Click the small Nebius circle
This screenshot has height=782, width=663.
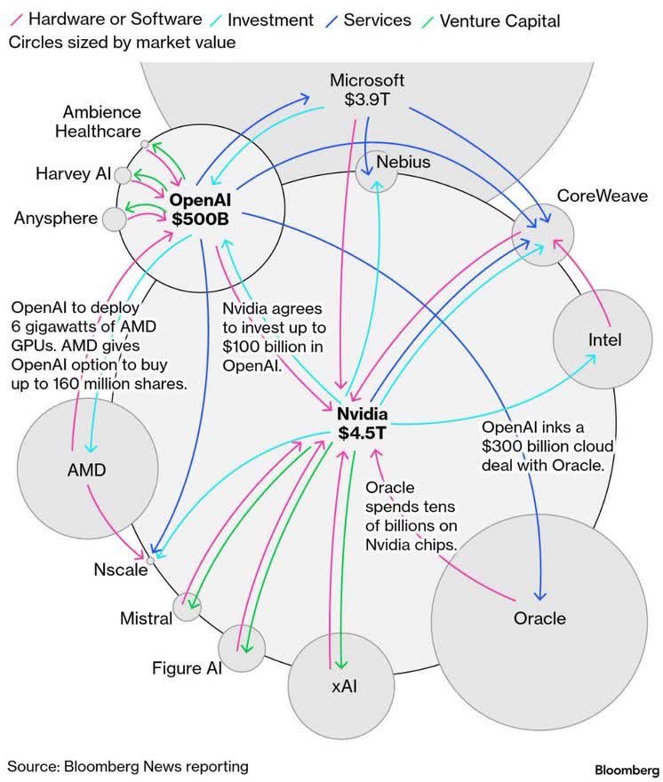(376, 171)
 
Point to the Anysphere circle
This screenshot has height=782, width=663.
(114, 219)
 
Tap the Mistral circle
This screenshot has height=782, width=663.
(188, 607)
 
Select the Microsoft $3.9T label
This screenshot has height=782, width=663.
(367, 90)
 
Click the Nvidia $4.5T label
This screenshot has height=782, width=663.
(362, 424)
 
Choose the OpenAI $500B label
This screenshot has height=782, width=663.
(201, 209)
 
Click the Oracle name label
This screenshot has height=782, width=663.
(539, 618)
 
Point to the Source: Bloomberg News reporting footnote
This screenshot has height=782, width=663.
(128, 766)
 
